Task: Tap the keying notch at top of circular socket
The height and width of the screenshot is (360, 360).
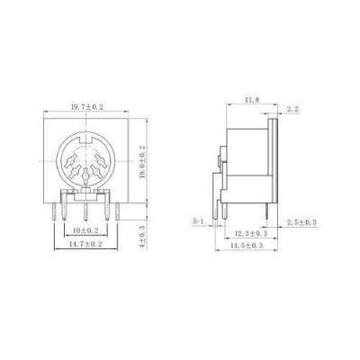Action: tap(85, 140)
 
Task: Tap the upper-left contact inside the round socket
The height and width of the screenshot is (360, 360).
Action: tap(73, 160)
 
